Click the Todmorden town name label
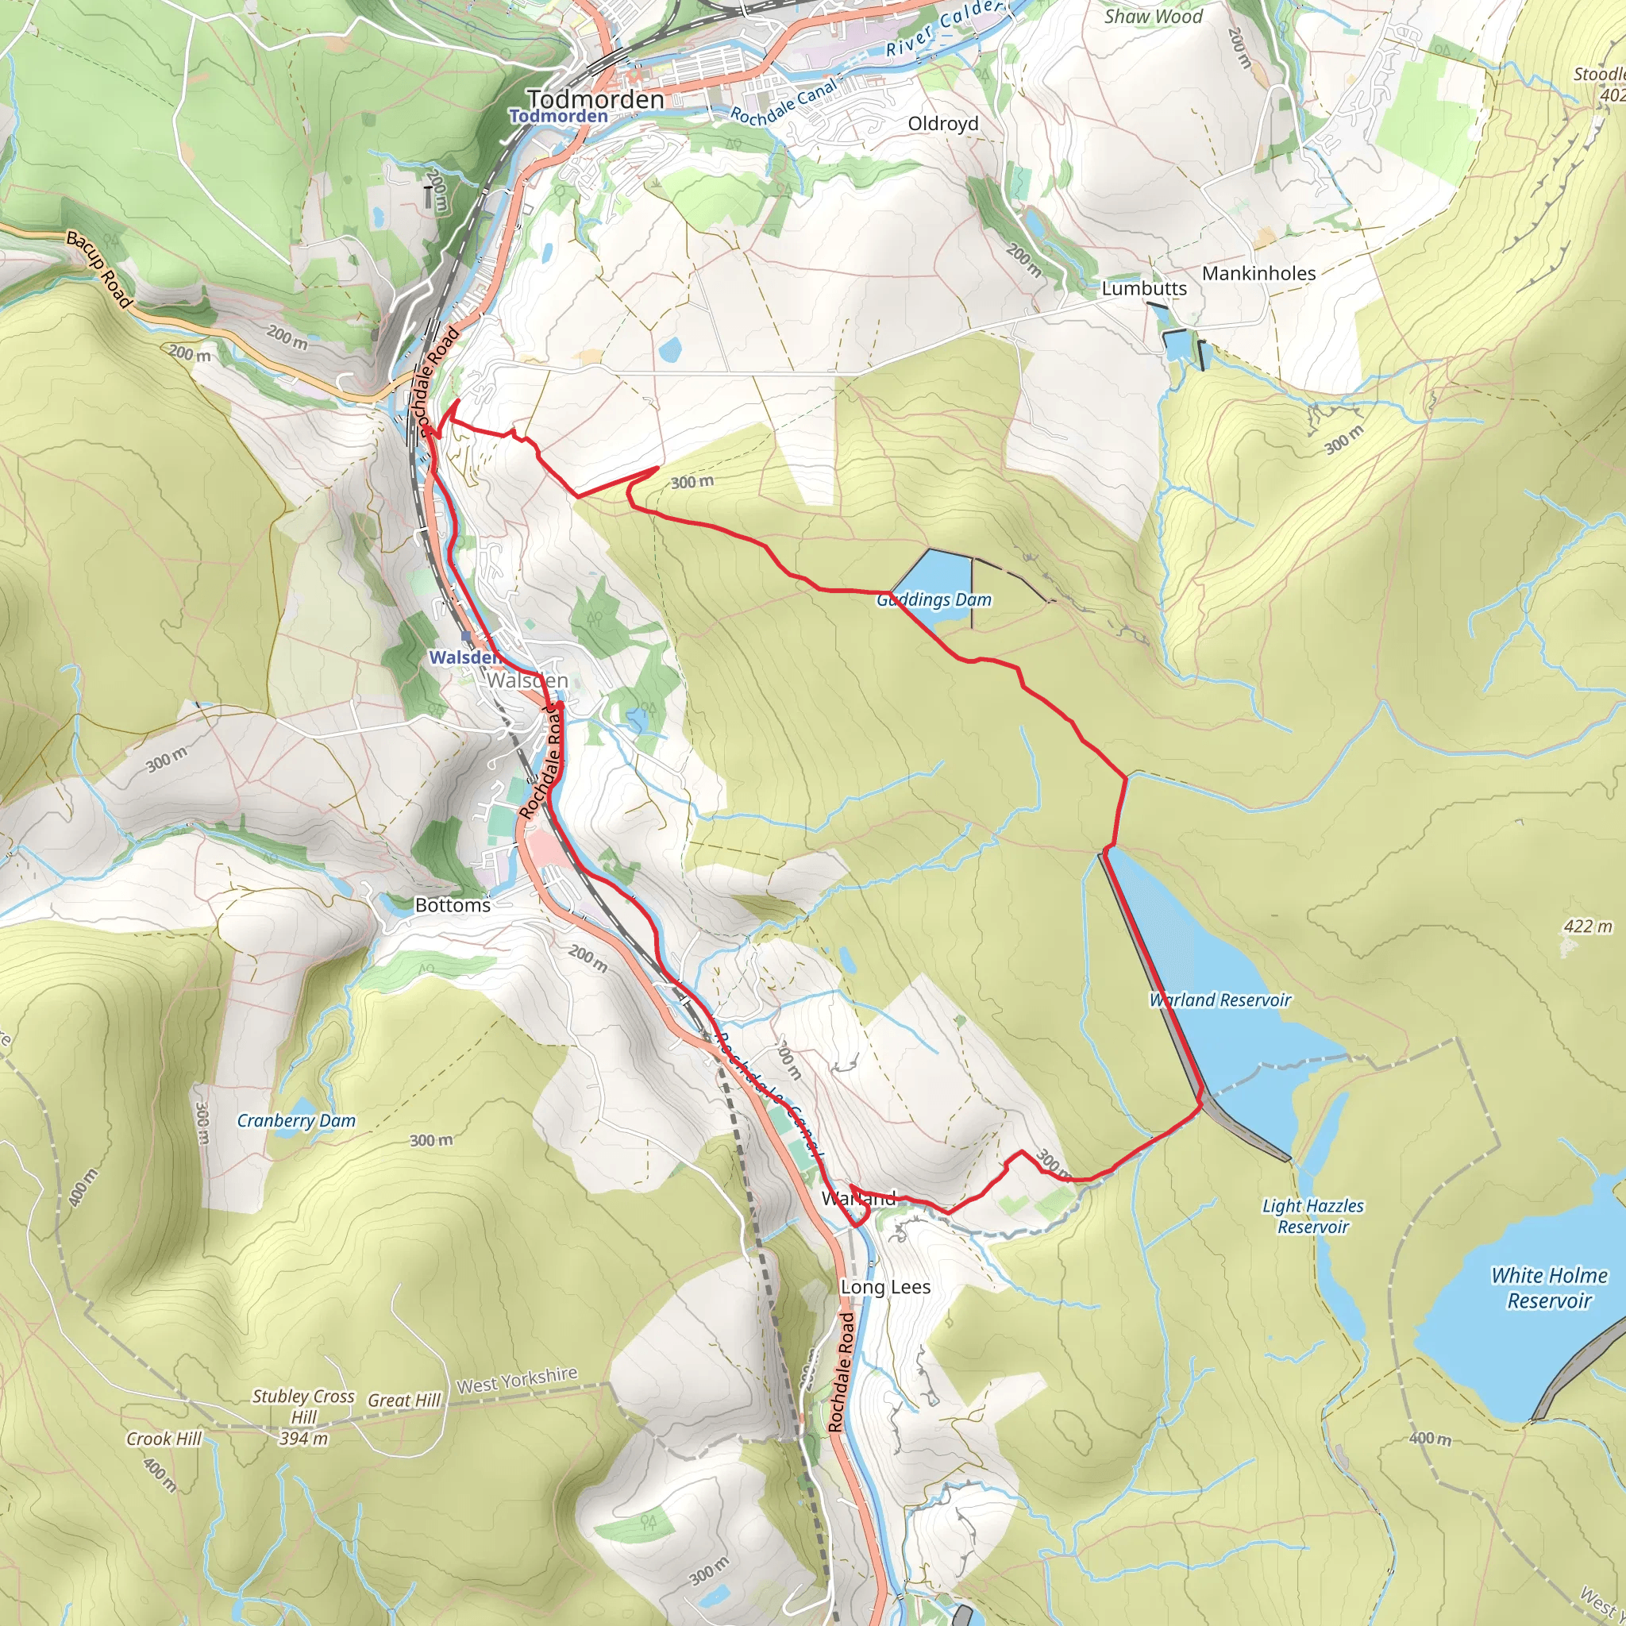pyautogui.click(x=595, y=99)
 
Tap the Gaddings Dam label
pyautogui.click(x=934, y=599)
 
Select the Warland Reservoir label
pyautogui.click(x=1219, y=1000)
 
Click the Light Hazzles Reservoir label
pyautogui.click(x=1313, y=1216)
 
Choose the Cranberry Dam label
pyautogui.click(x=296, y=1120)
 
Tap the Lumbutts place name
pyautogui.click(x=1144, y=288)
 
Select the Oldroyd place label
pyautogui.click(x=942, y=124)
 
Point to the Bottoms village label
pyautogui.click(x=453, y=906)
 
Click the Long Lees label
pyautogui.click(x=885, y=1287)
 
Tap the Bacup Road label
pyautogui.click(x=100, y=269)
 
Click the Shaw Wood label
pyautogui.click(x=1153, y=16)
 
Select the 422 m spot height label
pyautogui.click(x=1587, y=927)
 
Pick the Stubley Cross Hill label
pyautogui.click(x=304, y=1417)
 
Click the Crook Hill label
pyautogui.click(x=164, y=1439)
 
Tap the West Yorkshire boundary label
pyautogui.click(x=517, y=1380)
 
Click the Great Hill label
pyautogui.click(x=404, y=1401)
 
